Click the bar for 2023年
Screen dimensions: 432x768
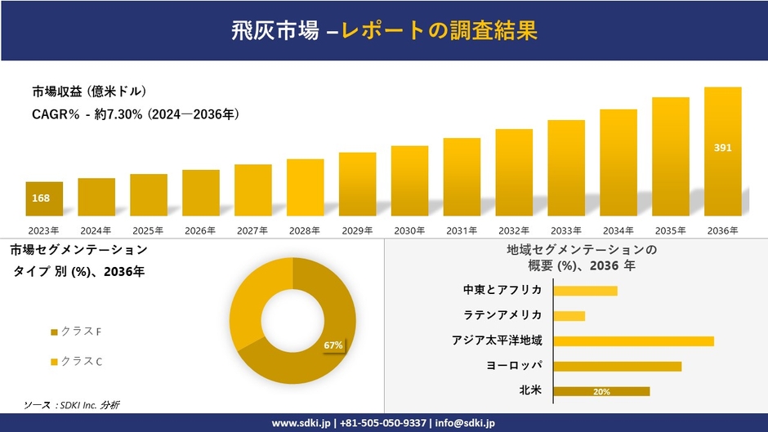pos(44,198)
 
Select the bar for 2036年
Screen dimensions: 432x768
pos(723,151)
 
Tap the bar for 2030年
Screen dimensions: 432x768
pos(409,180)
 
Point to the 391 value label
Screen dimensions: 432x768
pos(723,148)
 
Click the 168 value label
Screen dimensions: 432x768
pos(41,198)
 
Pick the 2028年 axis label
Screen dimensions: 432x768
pos(305,230)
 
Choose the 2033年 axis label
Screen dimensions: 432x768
pos(566,230)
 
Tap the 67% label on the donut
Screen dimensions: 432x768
pos(333,345)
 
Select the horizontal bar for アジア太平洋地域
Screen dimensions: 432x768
pos(633,341)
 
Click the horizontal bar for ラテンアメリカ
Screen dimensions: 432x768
pos(569,315)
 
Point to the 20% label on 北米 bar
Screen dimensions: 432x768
pos(601,391)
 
